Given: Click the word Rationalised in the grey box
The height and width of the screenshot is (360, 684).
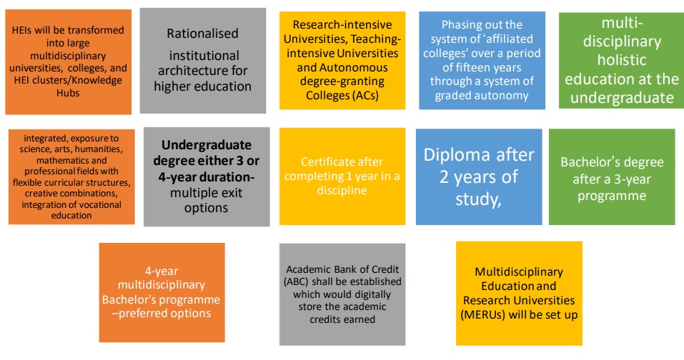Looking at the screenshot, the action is coord(202,34).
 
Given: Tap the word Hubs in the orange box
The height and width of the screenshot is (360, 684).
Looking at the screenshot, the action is coord(68,93).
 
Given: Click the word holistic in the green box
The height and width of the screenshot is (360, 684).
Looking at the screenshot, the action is coord(622,60).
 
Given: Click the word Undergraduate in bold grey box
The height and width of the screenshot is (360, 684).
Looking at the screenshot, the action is coord(207,145).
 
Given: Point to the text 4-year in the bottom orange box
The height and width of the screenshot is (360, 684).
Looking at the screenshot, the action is coord(162,271).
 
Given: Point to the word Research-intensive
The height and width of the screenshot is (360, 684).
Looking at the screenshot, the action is coord(342,25).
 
